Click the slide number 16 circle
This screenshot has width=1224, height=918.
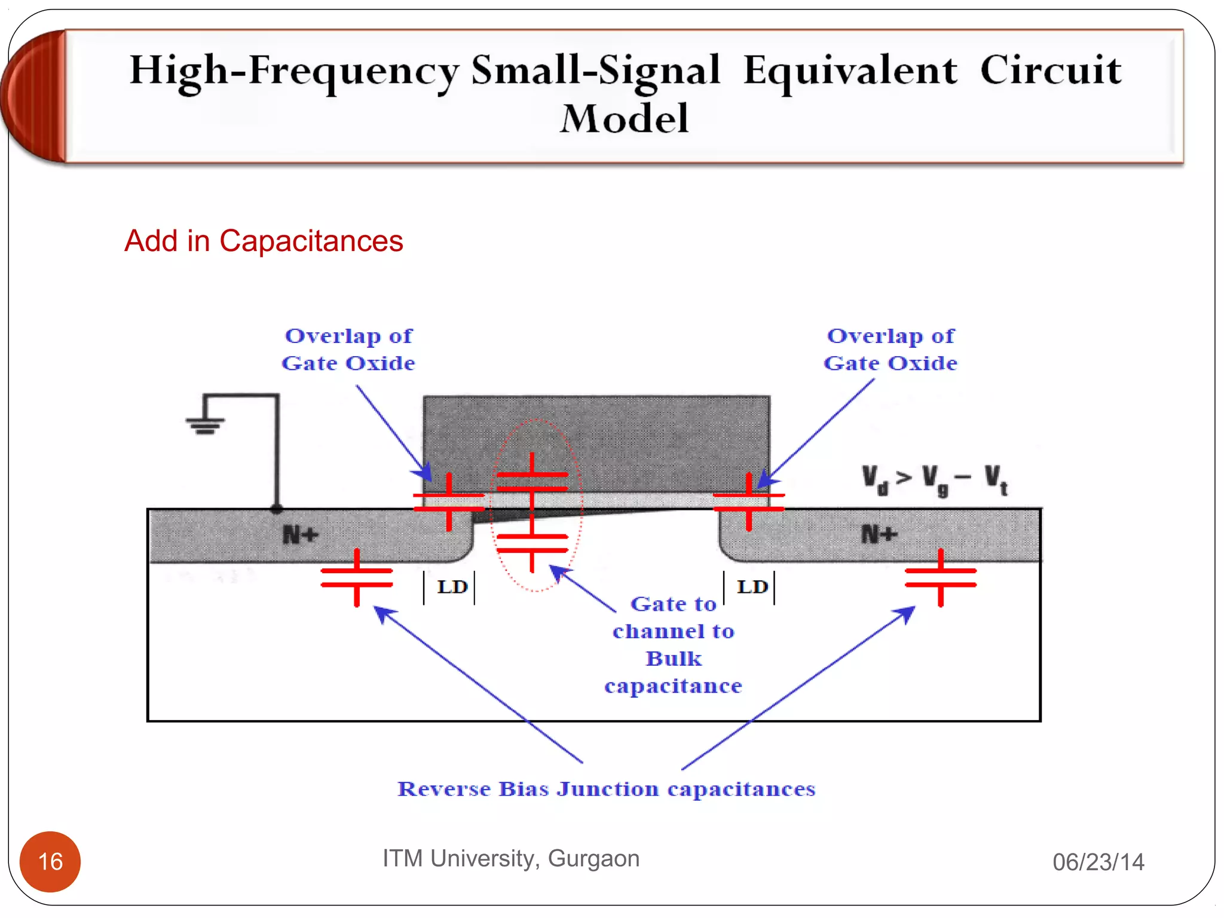(50, 861)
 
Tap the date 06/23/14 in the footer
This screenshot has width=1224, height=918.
(1098, 862)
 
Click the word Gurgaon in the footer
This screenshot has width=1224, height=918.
(593, 858)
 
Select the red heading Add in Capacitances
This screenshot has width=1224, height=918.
(264, 241)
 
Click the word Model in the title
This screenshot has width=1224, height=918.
(624, 118)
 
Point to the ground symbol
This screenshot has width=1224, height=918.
(205, 424)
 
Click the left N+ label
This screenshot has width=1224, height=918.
(300, 534)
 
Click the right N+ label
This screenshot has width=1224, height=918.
(879, 534)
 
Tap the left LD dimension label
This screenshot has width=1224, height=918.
(451, 587)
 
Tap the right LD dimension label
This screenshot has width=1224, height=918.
(751, 587)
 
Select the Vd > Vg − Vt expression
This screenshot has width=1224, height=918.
(934, 480)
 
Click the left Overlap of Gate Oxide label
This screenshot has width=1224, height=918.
(348, 350)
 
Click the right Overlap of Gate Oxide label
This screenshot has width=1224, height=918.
(890, 350)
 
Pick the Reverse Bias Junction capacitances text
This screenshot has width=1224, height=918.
(606, 789)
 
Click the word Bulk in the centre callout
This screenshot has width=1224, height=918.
(674, 659)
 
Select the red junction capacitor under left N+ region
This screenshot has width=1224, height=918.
(357, 577)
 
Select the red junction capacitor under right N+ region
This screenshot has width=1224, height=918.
(940, 577)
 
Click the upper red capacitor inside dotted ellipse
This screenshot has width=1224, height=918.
(532, 482)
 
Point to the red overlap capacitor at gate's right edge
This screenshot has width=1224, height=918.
(749, 502)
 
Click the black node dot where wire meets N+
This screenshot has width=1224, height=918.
(276, 509)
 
